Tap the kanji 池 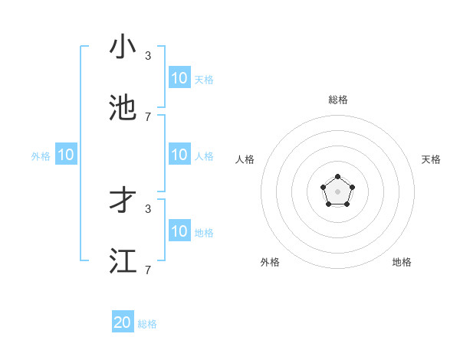[123, 107]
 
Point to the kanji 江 [123, 260]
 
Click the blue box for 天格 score [179, 77]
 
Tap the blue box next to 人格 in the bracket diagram [179, 155]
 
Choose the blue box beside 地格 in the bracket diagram [179, 231]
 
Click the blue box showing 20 [123, 322]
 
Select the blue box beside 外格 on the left [66, 155]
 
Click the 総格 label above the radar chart [337, 100]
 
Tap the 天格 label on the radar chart [431, 159]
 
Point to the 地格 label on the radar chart [402, 262]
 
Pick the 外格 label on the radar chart [270, 262]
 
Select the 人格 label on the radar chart [245, 159]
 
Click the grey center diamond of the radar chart [337, 191]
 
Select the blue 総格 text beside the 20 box [147, 324]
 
